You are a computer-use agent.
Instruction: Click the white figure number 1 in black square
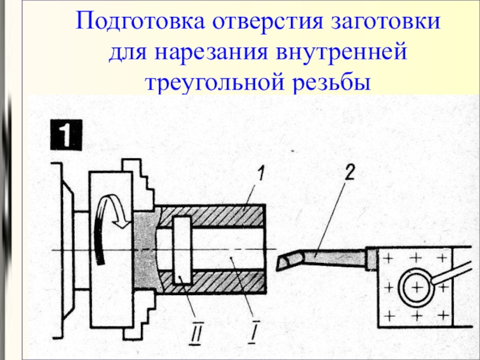tap(66, 136)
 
